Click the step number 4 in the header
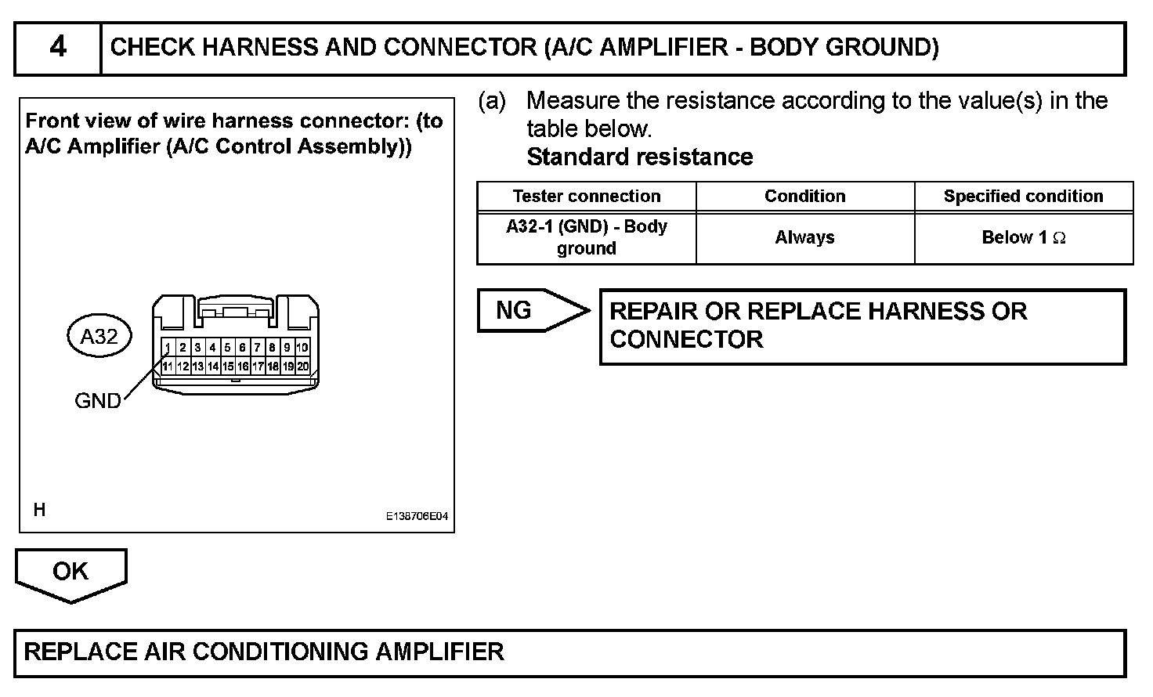coord(58,48)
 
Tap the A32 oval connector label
coord(99,337)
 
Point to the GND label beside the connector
coord(98,401)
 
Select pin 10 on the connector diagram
coord(302,348)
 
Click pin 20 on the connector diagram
coord(303,366)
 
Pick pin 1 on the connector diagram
coord(168,348)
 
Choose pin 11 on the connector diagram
coord(168,366)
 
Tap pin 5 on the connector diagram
coord(227,348)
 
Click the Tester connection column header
coord(587,197)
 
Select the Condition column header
coord(805,197)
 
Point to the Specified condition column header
coord(1023,197)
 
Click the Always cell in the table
coord(805,237)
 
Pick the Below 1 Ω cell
coord(1023,237)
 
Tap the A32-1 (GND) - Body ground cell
coord(587,237)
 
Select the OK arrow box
coord(70,572)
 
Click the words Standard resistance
coord(640,157)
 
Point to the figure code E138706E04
coord(417,517)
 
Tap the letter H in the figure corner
coord(40,511)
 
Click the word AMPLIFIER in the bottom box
coord(439,652)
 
